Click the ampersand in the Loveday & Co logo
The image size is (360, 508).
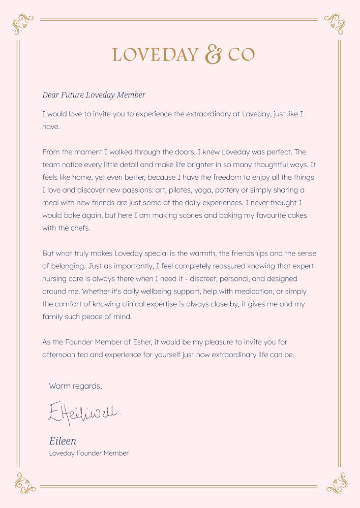213,54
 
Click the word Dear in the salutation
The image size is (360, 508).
51,95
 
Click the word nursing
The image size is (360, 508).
55,279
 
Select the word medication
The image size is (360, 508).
230,292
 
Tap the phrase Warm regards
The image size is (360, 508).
75,386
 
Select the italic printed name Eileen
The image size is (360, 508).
63,440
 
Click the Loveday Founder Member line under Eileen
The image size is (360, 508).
88,453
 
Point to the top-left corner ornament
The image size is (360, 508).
22,23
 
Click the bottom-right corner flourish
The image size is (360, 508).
336,483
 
